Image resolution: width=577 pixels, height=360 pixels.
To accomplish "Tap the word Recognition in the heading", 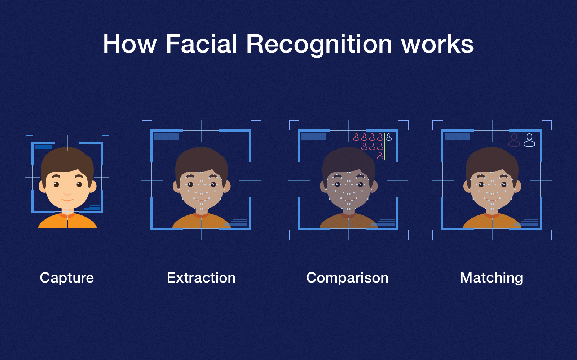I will pyautogui.click(x=319, y=45).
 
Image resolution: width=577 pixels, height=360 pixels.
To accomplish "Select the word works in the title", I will pyautogui.click(x=437, y=45).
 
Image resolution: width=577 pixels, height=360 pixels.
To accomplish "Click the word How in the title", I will pyautogui.click(x=129, y=44).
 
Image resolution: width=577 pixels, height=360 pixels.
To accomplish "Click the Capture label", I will pyautogui.click(x=67, y=278).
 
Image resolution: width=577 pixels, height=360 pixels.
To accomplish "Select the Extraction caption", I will pyautogui.click(x=201, y=278).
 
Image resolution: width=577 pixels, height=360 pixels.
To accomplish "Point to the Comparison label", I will pyautogui.click(x=347, y=278).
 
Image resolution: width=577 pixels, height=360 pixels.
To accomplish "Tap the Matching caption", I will pyautogui.click(x=492, y=278).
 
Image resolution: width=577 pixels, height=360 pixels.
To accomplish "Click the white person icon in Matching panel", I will pyautogui.click(x=529, y=140).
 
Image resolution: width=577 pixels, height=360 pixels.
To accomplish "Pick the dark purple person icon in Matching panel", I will pyautogui.click(x=514, y=140).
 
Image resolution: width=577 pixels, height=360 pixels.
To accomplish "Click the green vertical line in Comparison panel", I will pyautogui.click(x=385, y=146).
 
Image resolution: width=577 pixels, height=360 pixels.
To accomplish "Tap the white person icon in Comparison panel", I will pyautogui.click(x=389, y=137).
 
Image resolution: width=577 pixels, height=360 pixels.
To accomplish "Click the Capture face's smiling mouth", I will pyautogui.click(x=67, y=200).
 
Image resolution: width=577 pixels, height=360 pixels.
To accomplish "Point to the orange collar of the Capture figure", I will pyautogui.click(x=67, y=215).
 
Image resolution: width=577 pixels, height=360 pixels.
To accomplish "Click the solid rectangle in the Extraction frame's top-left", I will pyautogui.click(x=167, y=137).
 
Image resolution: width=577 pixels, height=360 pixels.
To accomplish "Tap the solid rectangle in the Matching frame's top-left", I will pyautogui.click(x=457, y=137).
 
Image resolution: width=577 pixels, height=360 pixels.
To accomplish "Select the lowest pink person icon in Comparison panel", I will pyautogui.click(x=380, y=156).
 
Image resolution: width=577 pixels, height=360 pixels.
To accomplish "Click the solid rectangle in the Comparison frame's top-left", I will pyautogui.click(x=314, y=137).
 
